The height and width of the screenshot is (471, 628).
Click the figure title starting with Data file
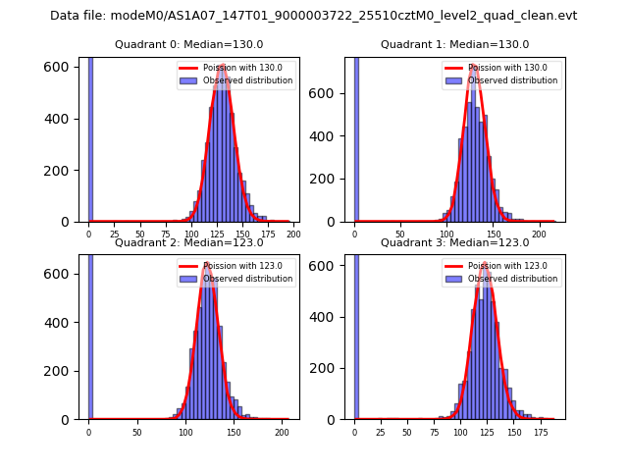pyautogui.click(x=313, y=16)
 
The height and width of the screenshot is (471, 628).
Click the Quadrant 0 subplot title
pyautogui.click(x=188, y=44)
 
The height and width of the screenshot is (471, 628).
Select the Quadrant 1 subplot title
pyautogui.click(x=454, y=44)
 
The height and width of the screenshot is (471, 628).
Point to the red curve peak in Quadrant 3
pyautogui.click(x=485, y=265)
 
